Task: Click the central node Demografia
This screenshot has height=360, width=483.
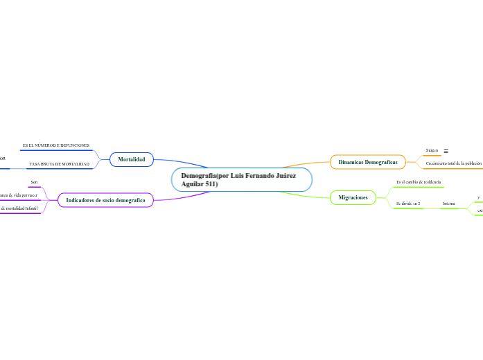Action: (242, 180)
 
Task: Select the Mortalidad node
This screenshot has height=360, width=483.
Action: (132, 159)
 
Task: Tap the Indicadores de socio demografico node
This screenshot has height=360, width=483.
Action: (105, 200)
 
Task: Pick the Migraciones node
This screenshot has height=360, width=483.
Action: (353, 198)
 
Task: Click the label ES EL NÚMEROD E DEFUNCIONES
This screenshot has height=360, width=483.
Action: (55, 145)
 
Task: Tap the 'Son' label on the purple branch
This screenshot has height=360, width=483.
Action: (34, 181)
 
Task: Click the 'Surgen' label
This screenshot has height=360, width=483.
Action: (432, 150)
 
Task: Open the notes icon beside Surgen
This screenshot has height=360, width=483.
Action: (446, 150)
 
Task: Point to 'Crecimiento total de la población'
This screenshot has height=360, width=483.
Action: (453, 163)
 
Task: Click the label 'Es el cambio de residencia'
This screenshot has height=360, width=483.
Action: (419, 181)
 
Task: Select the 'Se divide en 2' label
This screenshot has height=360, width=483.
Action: (408, 204)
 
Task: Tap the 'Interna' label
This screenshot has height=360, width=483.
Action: (449, 204)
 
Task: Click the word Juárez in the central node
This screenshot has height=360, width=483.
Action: (282, 176)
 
